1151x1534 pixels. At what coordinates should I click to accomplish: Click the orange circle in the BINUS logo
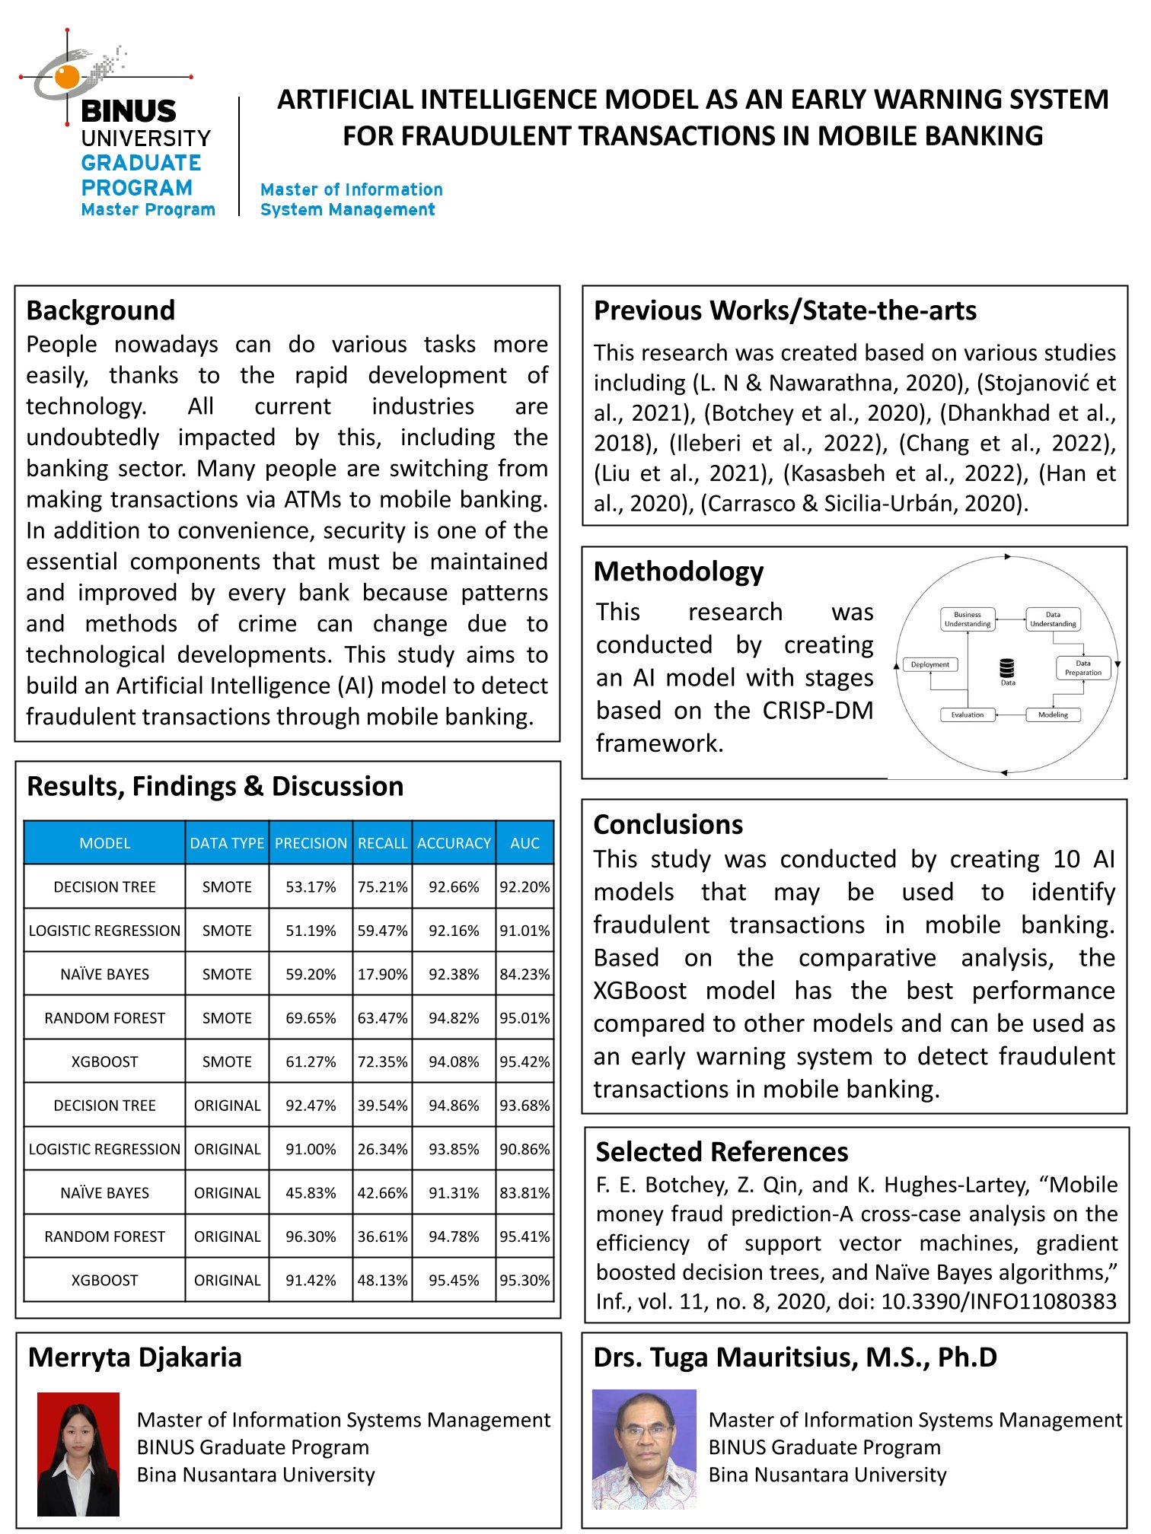[67, 76]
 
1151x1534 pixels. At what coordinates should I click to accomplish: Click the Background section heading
[100, 310]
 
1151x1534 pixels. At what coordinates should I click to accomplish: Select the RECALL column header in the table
[382, 843]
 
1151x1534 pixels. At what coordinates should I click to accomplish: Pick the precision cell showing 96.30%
[311, 1236]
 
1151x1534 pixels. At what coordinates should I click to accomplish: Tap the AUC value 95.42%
[524, 1061]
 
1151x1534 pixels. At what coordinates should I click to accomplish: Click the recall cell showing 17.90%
[382, 974]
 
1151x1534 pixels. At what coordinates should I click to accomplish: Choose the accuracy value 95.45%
[454, 1280]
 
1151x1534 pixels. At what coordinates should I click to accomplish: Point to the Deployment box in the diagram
[929, 664]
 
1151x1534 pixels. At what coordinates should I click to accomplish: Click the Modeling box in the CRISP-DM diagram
[1053, 714]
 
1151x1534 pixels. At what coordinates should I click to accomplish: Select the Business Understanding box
[967, 619]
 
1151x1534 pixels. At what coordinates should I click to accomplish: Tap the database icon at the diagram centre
[1007, 669]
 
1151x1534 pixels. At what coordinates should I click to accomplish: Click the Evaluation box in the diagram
[967, 714]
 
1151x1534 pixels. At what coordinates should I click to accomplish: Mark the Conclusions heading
[668, 825]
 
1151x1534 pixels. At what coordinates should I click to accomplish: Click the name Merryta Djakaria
[135, 1357]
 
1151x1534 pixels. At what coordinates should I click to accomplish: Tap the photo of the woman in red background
[78, 1453]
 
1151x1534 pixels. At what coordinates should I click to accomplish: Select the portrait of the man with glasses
[644, 1449]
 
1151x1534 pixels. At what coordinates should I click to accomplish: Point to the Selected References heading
[722, 1152]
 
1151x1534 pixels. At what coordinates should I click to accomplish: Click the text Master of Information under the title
[351, 189]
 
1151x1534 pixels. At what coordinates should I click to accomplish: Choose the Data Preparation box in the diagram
[1082, 667]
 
